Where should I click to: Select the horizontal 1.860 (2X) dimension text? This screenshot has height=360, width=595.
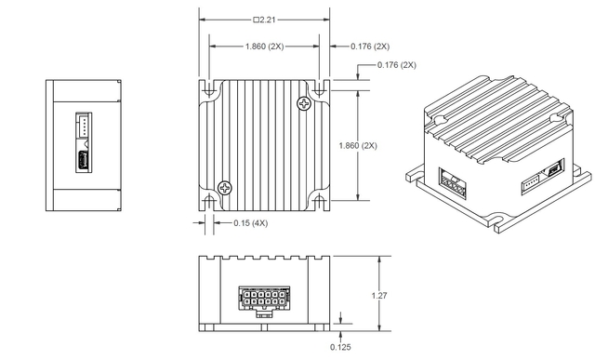coord(264,46)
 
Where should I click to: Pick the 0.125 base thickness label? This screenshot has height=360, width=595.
coord(341,347)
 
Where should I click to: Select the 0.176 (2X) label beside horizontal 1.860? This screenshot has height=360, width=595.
coord(369,46)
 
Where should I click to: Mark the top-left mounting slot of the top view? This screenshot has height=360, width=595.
coord(209,89)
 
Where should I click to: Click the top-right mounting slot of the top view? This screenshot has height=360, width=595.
coord(319,89)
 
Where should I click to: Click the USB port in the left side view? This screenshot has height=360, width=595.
coord(84,161)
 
